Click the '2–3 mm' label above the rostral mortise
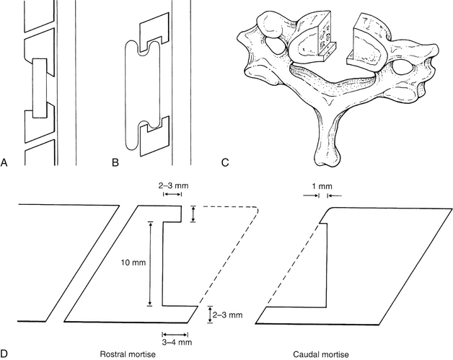point(175,185)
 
